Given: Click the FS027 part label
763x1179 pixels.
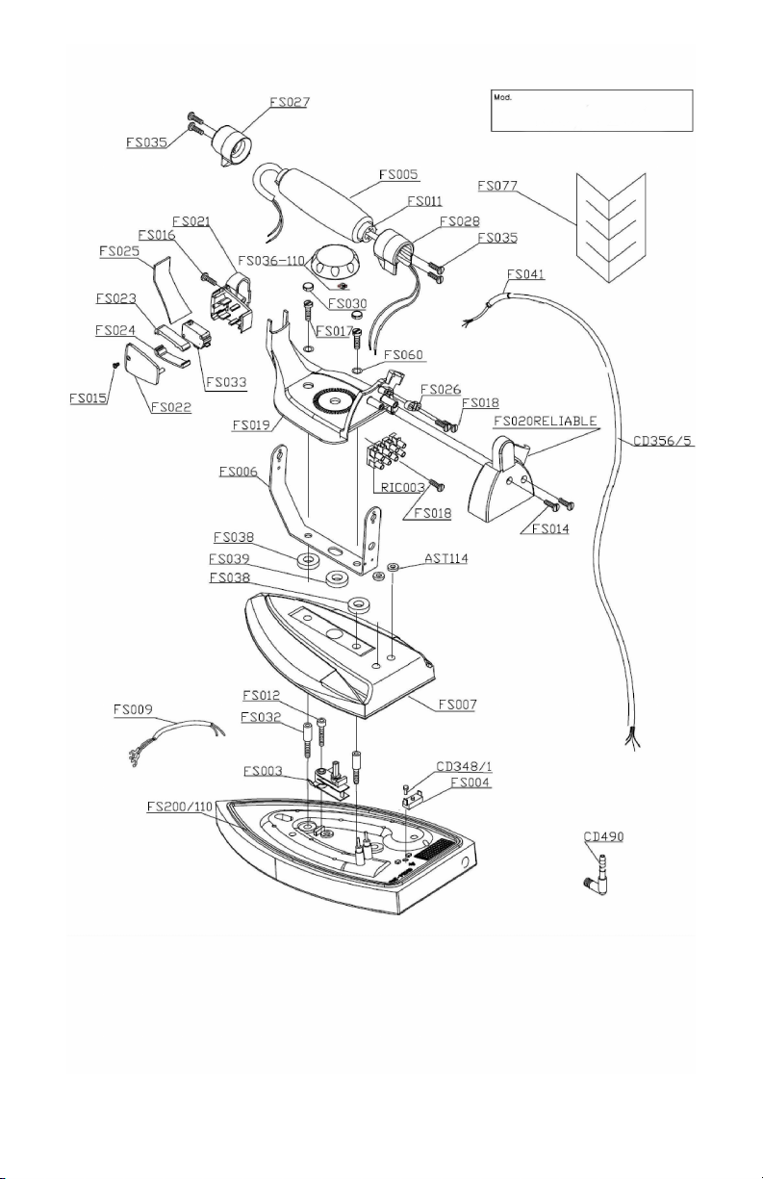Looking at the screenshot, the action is pyautogui.click(x=290, y=102).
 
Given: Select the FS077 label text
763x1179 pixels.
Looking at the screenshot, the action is pyautogui.click(x=497, y=186).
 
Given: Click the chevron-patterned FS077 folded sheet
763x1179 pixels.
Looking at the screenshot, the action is pyautogui.click(x=611, y=227).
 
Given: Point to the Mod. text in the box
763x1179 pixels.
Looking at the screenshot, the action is pyautogui.click(x=502, y=97).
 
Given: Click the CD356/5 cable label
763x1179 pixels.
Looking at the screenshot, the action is pyautogui.click(x=663, y=440).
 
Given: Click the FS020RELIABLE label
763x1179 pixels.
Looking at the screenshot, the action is pyautogui.click(x=546, y=422).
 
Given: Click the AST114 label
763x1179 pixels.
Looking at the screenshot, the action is pyautogui.click(x=445, y=558).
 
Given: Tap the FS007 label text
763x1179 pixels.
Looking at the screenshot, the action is pyautogui.click(x=457, y=705).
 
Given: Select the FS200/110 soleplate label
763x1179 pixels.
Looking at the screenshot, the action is pyautogui.click(x=179, y=807).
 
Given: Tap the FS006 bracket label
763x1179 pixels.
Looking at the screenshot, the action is pyautogui.click(x=239, y=472).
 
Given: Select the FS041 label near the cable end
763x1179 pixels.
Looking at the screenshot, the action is pyautogui.click(x=525, y=274).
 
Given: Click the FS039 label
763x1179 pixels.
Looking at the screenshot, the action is pyautogui.click(x=229, y=558).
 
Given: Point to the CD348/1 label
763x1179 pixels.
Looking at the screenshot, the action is pyautogui.click(x=464, y=766).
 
